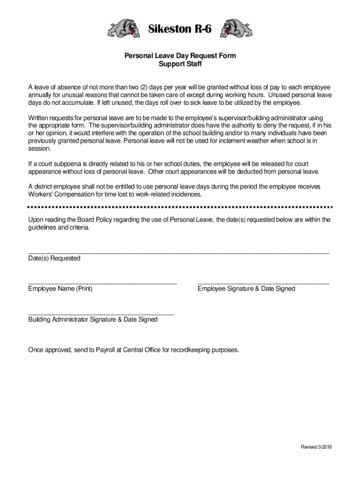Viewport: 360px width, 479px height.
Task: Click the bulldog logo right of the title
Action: coord(236,29)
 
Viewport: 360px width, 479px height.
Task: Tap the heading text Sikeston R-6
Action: coord(180,29)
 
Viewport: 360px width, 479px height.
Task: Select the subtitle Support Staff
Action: coord(180,64)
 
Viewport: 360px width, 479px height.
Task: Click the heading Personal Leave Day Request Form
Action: coord(180,56)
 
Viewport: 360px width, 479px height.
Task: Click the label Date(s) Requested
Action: coord(54,258)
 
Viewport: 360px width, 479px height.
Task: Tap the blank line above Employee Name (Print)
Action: coord(102,283)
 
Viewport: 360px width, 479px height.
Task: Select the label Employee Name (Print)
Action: coord(60,289)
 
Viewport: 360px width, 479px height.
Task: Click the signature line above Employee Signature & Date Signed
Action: coord(263,283)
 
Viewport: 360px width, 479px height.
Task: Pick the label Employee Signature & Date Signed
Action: coord(246,289)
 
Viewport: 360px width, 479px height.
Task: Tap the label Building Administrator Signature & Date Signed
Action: coord(93,319)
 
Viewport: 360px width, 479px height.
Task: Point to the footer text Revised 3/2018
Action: coord(316,447)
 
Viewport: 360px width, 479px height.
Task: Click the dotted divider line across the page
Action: coord(180,206)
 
